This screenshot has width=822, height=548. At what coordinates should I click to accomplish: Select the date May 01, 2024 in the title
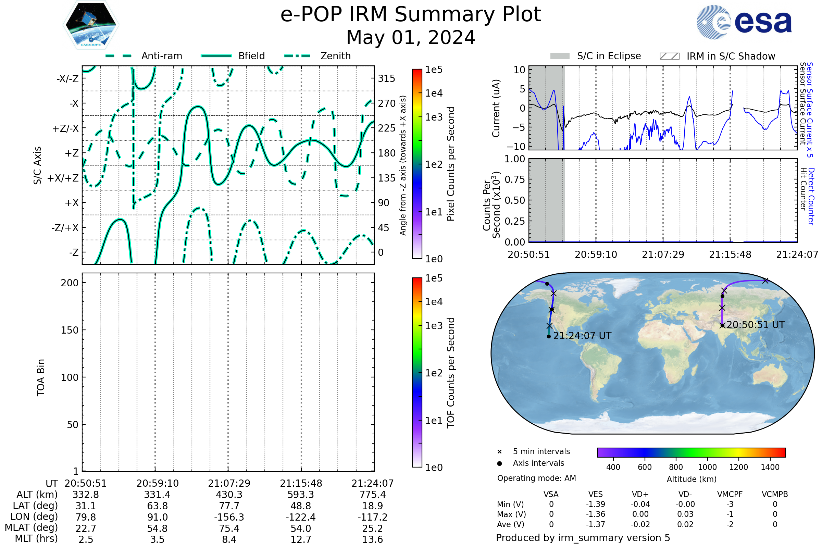point(411,37)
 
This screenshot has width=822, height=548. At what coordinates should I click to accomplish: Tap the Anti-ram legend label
point(161,56)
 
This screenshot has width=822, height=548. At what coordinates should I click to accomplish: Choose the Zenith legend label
point(336,56)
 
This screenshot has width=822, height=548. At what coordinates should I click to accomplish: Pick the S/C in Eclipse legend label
point(609,56)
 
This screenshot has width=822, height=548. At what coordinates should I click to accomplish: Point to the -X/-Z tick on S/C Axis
point(67,79)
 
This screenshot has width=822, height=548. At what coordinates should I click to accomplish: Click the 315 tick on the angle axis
point(387,79)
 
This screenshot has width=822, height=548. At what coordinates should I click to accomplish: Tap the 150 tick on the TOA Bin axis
point(70,330)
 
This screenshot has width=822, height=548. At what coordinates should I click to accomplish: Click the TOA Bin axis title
point(41,377)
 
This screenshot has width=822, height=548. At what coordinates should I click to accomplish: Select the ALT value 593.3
point(301,495)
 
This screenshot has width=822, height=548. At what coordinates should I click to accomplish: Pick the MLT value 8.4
point(229,539)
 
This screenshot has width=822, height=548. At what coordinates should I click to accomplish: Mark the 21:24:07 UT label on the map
point(582,336)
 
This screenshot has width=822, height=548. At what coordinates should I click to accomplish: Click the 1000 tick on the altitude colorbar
point(707,467)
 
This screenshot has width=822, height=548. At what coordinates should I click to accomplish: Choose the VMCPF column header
point(730,494)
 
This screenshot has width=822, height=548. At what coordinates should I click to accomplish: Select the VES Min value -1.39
point(596,504)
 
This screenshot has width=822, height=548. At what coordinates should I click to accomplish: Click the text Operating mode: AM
point(536,478)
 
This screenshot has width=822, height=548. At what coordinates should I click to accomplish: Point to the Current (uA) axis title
point(496,108)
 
